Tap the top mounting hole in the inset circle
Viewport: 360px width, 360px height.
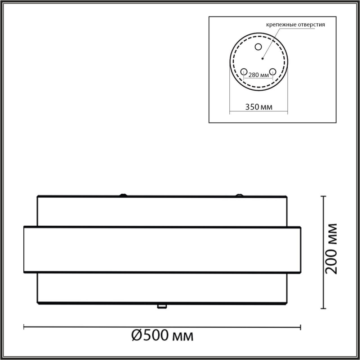pos(258,46)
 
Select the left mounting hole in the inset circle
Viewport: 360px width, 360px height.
pos(244,71)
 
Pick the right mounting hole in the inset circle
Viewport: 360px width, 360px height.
pos(273,71)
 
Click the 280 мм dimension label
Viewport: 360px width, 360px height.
pos(259,75)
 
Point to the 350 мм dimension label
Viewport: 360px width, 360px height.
pos(259,107)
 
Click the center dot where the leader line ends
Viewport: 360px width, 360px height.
pos(263,58)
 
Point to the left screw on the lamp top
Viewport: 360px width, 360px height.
pos(123,195)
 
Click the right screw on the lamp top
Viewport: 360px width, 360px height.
pos(238,195)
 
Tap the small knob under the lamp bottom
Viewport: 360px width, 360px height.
pos(162,307)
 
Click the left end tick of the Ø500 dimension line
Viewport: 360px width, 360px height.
pos(24,327)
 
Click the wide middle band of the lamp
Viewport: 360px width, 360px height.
pos(162,249)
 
